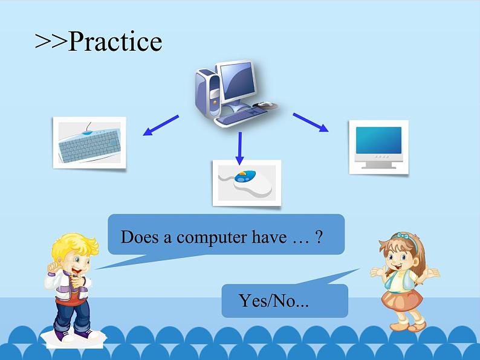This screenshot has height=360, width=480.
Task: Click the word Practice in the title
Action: pyautogui.click(x=115, y=41)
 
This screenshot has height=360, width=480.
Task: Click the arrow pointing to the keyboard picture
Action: pyautogui.click(x=161, y=125)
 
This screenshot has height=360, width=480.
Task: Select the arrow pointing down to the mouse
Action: pyautogui.click(x=239, y=148)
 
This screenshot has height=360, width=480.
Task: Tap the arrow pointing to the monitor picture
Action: pyautogui.click(x=311, y=123)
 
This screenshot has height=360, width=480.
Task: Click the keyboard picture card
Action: pyautogui.click(x=89, y=143)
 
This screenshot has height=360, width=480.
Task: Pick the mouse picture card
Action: pyautogui.click(x=247, y=183)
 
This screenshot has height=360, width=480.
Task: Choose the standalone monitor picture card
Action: pyautogui.click(x=378, y=147)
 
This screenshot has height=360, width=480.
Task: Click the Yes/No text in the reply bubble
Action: pyautogui.click(x=273, y=301)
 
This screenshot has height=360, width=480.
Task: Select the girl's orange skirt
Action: pyautogui.click(x=402, y=300)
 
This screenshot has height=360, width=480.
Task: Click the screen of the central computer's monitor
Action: pyautogui.click(x=238, y=80)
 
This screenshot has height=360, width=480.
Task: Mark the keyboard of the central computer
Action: pyautogui.click(x=241, y=116)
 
